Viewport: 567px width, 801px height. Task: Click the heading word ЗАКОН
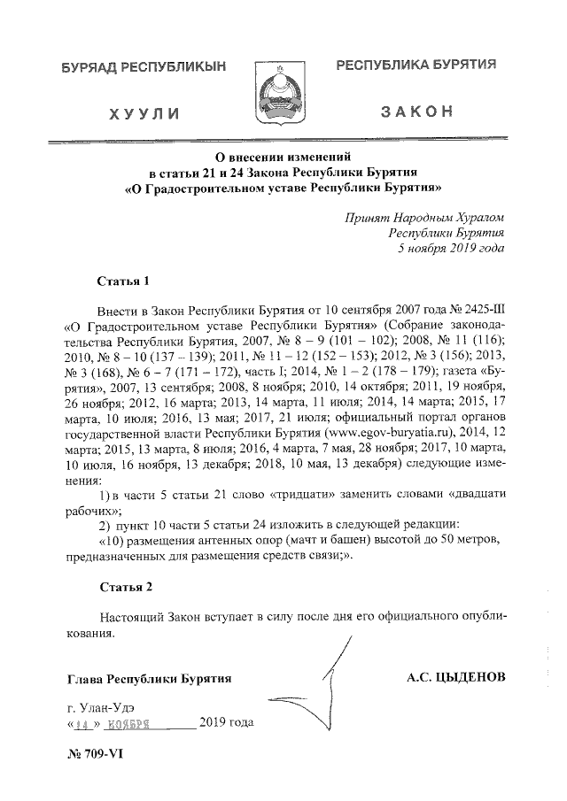point(416,112)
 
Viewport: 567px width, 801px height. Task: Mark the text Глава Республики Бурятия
point(149,679)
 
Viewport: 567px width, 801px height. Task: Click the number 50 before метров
point(445,540)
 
